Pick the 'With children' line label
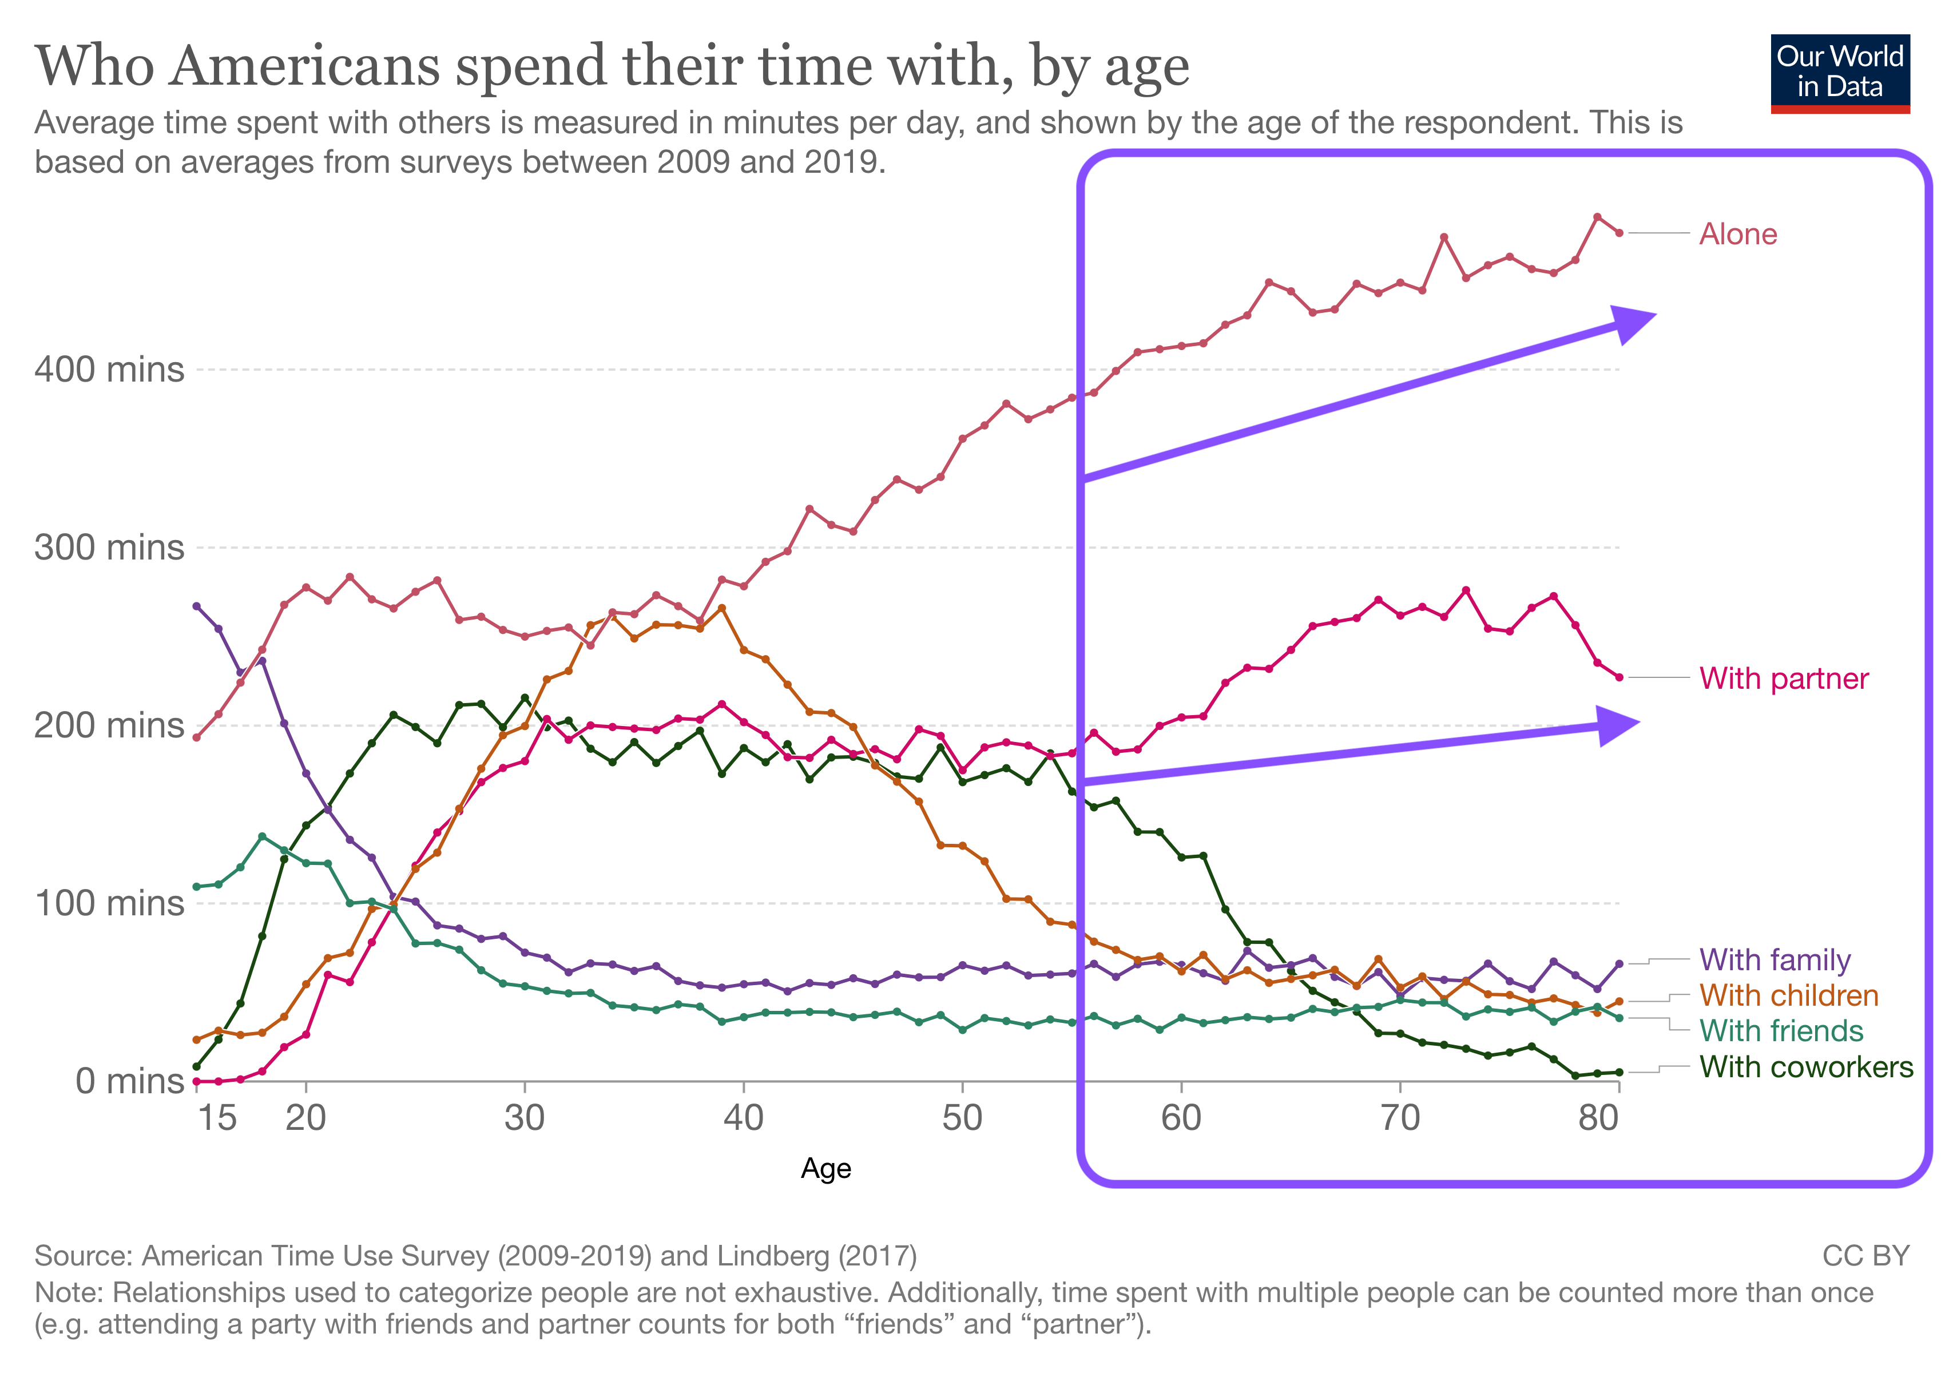coord(1788,995)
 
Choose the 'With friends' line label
coord(1781,1031)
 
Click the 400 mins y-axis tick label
coord(109,370)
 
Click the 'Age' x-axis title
coord(826,1169)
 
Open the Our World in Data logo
coord(1840,73)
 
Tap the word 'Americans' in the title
coord(304,66)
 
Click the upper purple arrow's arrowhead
coord(1631,324)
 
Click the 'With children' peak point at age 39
coord(722,608)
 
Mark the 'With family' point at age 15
coord(197,606)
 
